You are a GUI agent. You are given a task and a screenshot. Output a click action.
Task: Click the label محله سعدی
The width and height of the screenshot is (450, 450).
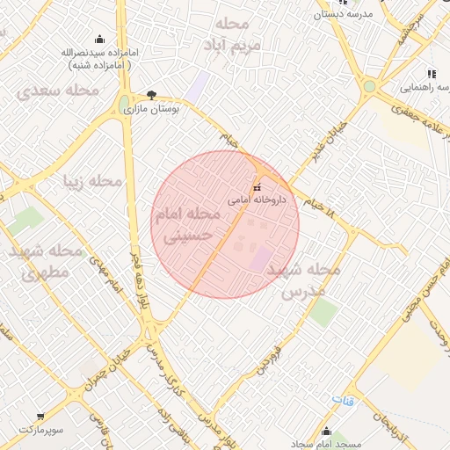click(56, 90)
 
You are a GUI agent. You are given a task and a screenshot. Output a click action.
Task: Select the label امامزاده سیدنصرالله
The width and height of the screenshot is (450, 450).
click(98, 52)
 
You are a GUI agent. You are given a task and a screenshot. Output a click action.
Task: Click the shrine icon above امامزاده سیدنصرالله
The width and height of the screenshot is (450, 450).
click(98, 38)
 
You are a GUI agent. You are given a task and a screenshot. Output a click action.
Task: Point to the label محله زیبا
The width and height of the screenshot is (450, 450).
click(91, 182)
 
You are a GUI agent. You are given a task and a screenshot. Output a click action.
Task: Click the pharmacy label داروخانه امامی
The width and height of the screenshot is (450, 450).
click(253, 200)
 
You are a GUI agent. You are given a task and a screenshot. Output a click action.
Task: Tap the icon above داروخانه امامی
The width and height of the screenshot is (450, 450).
click(257, 187)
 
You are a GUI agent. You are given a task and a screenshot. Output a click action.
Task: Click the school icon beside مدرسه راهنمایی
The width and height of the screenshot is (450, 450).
click(431, 75)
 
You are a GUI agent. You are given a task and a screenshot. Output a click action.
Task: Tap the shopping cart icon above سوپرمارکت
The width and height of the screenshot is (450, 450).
click(40, 417)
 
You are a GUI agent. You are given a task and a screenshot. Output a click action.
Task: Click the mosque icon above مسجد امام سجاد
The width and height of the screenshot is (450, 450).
click(327, 431)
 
